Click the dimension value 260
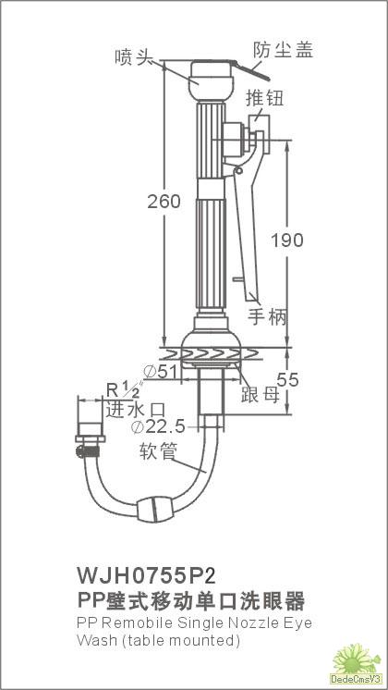pyautogui.click(x=164, y=202)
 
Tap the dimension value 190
pyautogui.click(x=287, y=240)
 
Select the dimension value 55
pyautogui.click(x=288, y=380)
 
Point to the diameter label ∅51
pyautogui.click(x=161, y=372)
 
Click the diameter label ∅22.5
pyautogui.click(x=158, y=426)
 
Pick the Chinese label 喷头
pyautogui.click(x=130, y=57)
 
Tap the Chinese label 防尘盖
pyautogui.click(x=283, y=50)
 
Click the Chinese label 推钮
pyautogui.click(x=264, y=98)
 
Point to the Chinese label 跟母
pyautogui.click(x=261, y=395)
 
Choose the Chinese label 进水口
pyautogui.click(x=136, y=410)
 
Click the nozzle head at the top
pyautogui.click(x=211, y=80)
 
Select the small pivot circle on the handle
pyautogui.click(x=238, y=170)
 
